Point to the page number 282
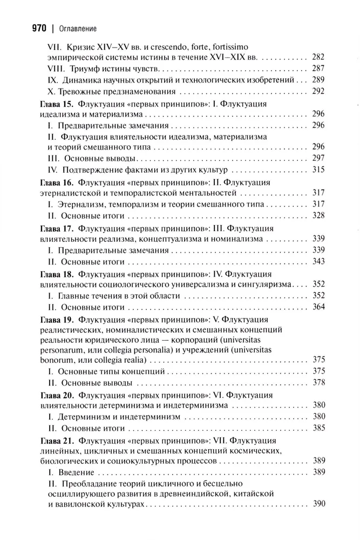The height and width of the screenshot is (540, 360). coord(318,57)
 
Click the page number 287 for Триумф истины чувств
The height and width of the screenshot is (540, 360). coord(318,69)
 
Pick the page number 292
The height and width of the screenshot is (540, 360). coord(318,91)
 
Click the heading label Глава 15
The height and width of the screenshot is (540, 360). coord(59,103)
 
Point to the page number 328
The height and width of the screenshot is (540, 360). coord(318,215)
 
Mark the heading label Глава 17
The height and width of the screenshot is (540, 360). coord(59,227)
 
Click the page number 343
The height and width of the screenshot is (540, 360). coord(318,261)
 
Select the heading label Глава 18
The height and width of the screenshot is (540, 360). coord(59,273)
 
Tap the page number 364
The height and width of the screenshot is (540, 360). coord(318,307)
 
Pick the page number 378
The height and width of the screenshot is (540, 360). coord(318,383)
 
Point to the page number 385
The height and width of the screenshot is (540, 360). coord(318,428)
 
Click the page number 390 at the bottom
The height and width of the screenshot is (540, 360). coord(318,503)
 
